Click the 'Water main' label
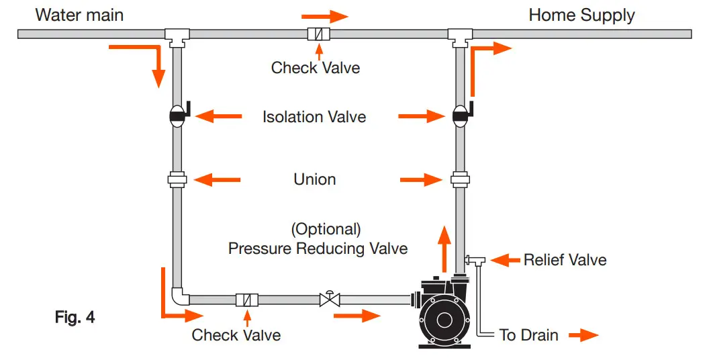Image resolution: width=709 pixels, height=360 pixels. coord(79,14)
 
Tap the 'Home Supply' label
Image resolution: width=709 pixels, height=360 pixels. coord(581,15)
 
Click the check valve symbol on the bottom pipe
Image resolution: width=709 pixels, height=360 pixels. coord(246,300)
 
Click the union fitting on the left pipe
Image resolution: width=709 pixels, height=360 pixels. coord(177,179)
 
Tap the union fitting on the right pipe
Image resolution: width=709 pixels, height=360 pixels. coord(460,179)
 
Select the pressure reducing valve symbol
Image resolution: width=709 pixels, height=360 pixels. coord(330,298)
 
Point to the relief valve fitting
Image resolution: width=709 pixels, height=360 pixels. coord(477,259)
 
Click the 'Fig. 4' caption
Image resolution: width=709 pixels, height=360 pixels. coord(75,317)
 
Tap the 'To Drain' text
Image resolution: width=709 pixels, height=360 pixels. coord(528,334)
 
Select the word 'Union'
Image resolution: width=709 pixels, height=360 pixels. coord(314,179)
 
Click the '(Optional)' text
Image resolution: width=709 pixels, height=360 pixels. coord(326,229)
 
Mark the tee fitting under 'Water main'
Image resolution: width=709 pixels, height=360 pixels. coord(177,35)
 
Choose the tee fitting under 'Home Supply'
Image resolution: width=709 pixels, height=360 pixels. coord(461,35)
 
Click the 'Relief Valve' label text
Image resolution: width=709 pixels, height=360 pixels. coord(565,259)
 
